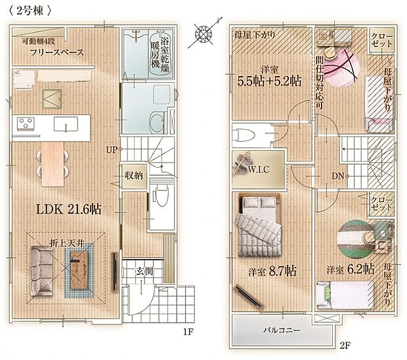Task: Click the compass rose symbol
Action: pos(203,33)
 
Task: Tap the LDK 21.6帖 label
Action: pos(68,209)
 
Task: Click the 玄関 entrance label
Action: pos(144,271)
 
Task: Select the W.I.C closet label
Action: pos(259,170)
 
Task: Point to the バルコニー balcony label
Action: pos(282,330)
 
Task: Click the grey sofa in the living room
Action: pos(41,271)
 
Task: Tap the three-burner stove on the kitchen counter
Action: pos(26,123)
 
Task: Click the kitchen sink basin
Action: pos(66,124)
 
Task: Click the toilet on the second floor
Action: pos(244,135)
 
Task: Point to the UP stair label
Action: pos(112,150)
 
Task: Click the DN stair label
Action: pos(338,176)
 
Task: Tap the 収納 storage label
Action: pos(134,176)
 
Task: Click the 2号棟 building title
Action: pos(30,10)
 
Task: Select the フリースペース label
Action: pos(57,52)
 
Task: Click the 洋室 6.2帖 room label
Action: pos(351,270)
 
